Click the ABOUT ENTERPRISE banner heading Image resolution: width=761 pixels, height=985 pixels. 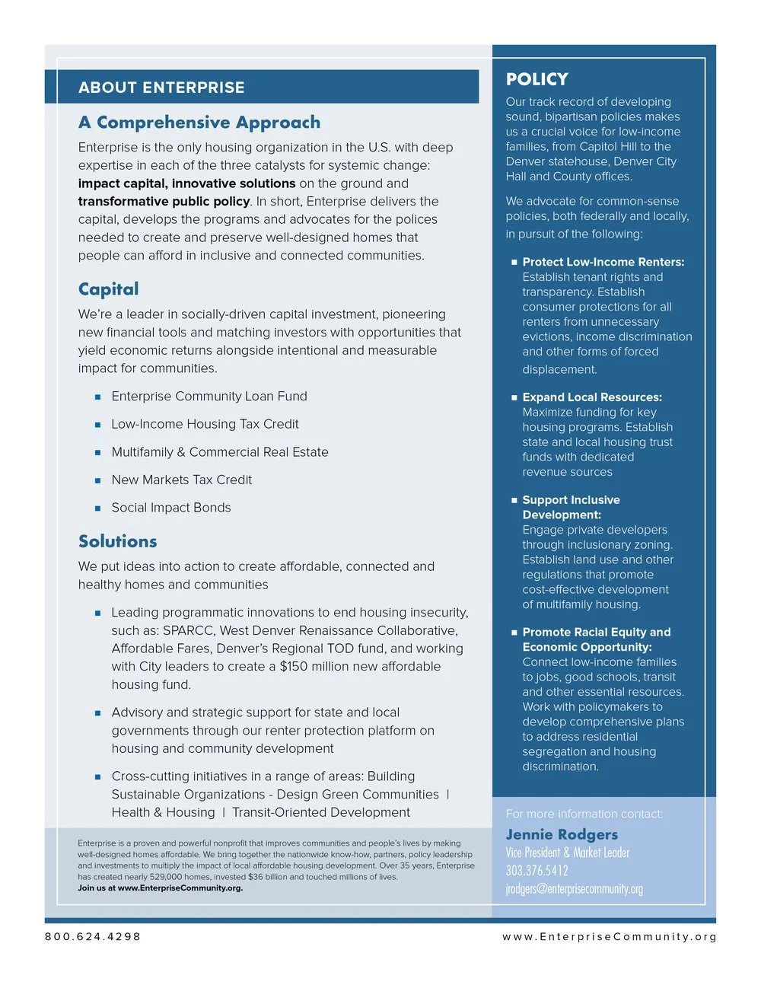point(161,88)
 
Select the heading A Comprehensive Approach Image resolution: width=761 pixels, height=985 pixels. point(199,123)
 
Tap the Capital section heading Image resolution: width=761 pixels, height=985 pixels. point(109,289)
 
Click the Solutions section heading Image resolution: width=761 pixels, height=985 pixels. point(118,541)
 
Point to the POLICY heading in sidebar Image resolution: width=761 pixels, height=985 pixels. point(537,79)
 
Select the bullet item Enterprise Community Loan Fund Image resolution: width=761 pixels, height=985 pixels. point(209,397)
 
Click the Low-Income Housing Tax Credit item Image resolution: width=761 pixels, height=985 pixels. point(205,424)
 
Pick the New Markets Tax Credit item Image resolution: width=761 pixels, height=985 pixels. point(181,480)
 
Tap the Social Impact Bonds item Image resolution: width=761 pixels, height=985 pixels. point(171,508)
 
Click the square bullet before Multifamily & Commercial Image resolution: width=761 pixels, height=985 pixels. point(97,453)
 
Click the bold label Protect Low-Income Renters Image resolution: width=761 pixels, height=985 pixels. point(603,262)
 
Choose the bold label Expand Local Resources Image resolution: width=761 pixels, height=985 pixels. point(592,397)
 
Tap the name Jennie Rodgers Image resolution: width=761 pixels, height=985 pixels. point(562,834)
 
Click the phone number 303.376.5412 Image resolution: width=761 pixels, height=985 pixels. point(537,871)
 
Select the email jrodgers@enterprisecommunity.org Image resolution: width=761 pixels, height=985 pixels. point(574,889)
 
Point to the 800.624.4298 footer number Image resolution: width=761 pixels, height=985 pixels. point(93,936)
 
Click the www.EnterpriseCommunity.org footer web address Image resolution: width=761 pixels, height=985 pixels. point(609,936)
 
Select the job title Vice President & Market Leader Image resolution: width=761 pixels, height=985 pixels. point(567,853)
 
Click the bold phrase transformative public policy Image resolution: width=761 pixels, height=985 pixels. point(164,202)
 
